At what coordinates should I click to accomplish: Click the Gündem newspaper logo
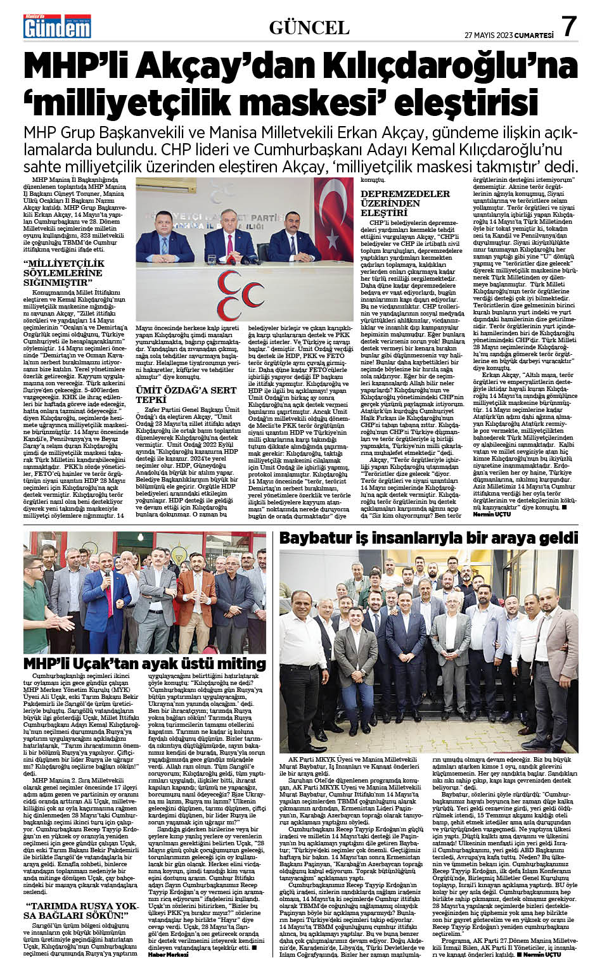[x=57, y=27]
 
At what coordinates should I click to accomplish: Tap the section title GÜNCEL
[x=309, y=27]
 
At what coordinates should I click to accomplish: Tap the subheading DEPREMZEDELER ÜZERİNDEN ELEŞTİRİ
[x=405, y=203]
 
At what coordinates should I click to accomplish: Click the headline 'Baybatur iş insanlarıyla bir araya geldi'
[x=428, y=538]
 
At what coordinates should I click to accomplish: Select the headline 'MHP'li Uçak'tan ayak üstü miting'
[x=144, y=663]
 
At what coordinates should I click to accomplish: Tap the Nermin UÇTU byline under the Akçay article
[x=490, y=515]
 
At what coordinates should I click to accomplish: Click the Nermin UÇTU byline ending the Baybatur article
[x=543, y=954]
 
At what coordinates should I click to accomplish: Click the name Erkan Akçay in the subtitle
[x=387, y=134]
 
